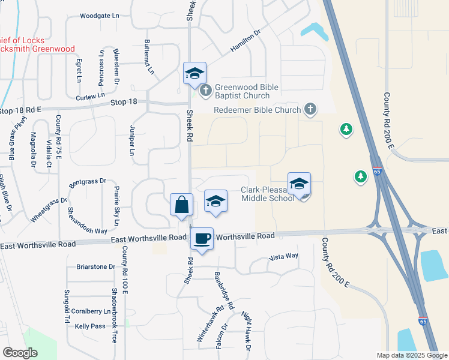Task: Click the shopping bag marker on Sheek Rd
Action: (x=181, y=205)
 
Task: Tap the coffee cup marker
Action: (x=202, y=238)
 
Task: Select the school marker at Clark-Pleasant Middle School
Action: (x=299, y=184)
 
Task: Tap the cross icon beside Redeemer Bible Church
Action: (x=310, y=109)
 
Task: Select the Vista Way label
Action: (x=283, y=257)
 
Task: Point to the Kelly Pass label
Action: (x=90, y=326)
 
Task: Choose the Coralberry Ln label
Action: (x=91, y=311)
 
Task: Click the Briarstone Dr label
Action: (x=95, y=266)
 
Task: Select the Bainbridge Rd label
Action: (x=223, y=290)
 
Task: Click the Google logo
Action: (x=20, y=353)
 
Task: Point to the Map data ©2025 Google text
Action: (x=411, y=355)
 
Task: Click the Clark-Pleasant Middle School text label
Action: (x=268, y=194)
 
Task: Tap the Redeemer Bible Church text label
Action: (x=258, y=110)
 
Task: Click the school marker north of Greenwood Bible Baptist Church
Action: (x=194, y=73)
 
